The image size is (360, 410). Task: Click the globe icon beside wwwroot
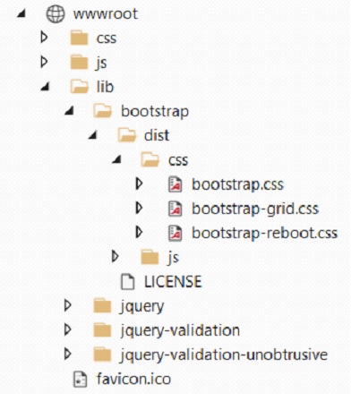pyautogui.click(x=56, y=13)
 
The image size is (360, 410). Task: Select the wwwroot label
pyautogui.click(x=106, y=14)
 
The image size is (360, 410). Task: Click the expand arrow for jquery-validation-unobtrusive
pyautogui.click(x=68, y=354)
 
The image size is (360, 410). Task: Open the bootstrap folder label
pyautogui.click(x=155, y=112)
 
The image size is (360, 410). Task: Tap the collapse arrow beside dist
pyautogui.click(x=93, y=135)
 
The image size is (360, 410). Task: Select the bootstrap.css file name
pyautogui.click(x=237, y=184)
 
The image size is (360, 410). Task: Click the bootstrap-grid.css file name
pyautogui.click(x=255, y=209)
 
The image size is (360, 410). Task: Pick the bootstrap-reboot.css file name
pyautogui.click(x=264, y=233)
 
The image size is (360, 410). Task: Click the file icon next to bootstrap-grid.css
pyautogui.click(x=176, y=209)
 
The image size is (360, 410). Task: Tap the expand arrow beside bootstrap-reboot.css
pyautogui.click(x=139, y=233)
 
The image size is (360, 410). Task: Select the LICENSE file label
pyautogui.click(x=173, y=282)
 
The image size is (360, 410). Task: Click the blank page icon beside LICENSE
pyautogui.click(x=127, y=282)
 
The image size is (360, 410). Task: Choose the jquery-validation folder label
pyautogui.click(x=180, y=330)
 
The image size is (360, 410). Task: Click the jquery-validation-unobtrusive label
pyautogui.click(x=224, y=354)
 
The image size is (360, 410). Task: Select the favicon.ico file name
pyautogui.click(x=133, y=379)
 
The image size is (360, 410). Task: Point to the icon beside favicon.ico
pyautogui.click(x=80, y=380)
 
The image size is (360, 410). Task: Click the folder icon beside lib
pyautogui.click(x=79, y=87)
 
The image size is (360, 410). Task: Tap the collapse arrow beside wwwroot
pyautogui.click(x=21, y=13)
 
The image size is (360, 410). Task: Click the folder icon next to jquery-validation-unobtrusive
pyautogui.click(x=102, y=354)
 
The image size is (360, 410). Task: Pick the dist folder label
pyautogui.click(x=157, y=135)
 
